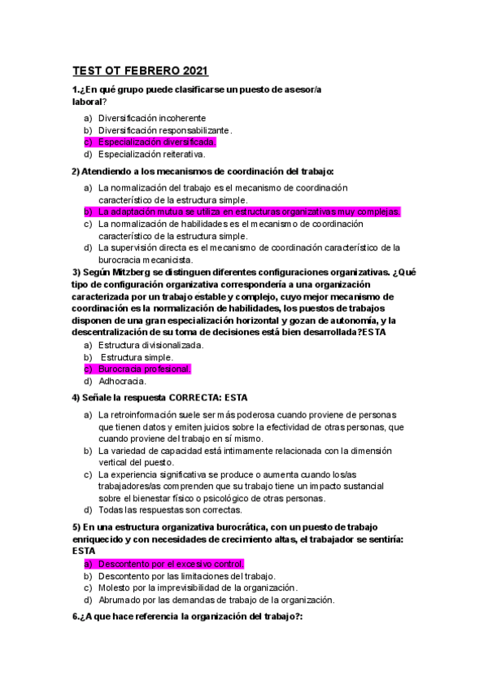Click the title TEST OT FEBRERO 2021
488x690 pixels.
[x=141, y=70]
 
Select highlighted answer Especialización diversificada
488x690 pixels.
[x=158, y=142]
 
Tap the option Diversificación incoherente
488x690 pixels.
[x=152, y=118]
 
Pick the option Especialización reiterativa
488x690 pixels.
[x=152, y=153]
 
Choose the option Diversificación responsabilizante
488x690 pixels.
[x=165, y=129]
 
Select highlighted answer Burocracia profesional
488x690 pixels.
[x=144, y=369]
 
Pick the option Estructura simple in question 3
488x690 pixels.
[x=136, y=357]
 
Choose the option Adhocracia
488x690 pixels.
[x=123, y=381]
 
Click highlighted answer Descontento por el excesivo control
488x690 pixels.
[x=171, y=564]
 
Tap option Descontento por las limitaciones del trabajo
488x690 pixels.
[x=186, y=576]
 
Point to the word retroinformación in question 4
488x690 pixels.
[x=145, y=415]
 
